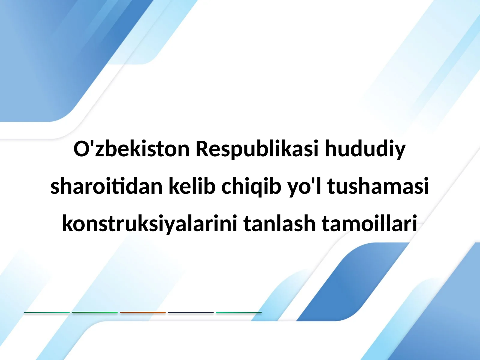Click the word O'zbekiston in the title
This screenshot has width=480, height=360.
pyautogui.click(x=131, y=149)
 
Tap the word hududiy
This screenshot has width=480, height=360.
pyautogui.click(x=365, y=149)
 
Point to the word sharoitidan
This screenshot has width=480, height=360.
pyautogui.click(x=106, y=186)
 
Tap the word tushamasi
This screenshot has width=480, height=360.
pyautogui.click(x=378, y=186)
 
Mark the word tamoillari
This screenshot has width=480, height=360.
pyautogui.click(x=369, y=224)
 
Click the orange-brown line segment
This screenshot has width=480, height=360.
pyautogui.click(x=143, y=313)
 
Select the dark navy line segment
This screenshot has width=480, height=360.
pyautogui.click(x=191, y=313)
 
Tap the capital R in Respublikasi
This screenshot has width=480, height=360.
pyautogui.click(x=202, y=149)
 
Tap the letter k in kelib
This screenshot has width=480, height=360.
pyautogui.click(x=174, y=186)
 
